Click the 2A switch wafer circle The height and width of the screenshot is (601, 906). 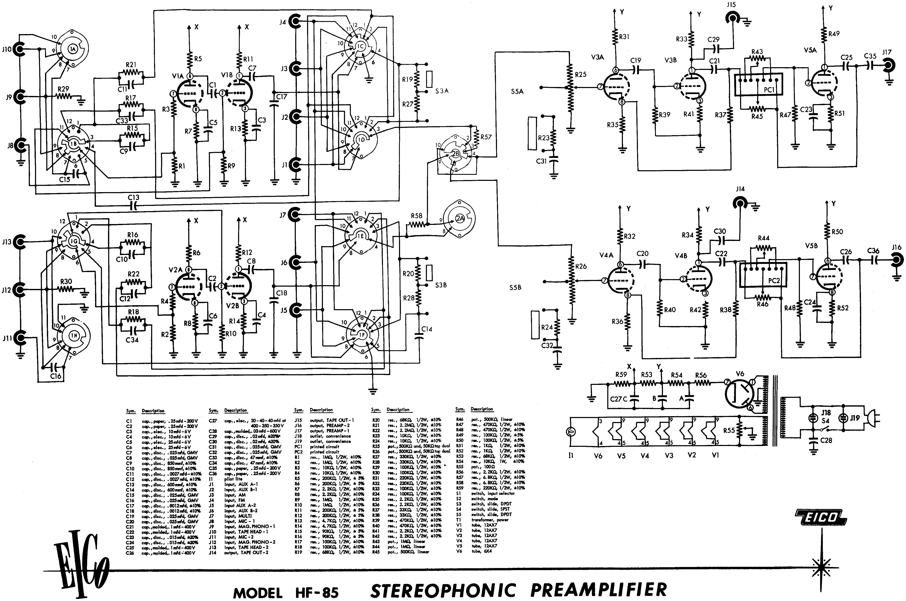pyautogui.click(x=459, y=218)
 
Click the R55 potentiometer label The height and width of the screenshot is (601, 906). pyautogui.click(x=729, y=430)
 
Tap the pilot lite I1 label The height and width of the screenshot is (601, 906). pyautogui.click(x=571, y=456)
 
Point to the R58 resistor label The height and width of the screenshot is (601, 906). pyautogui.click(x=416, y=216)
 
